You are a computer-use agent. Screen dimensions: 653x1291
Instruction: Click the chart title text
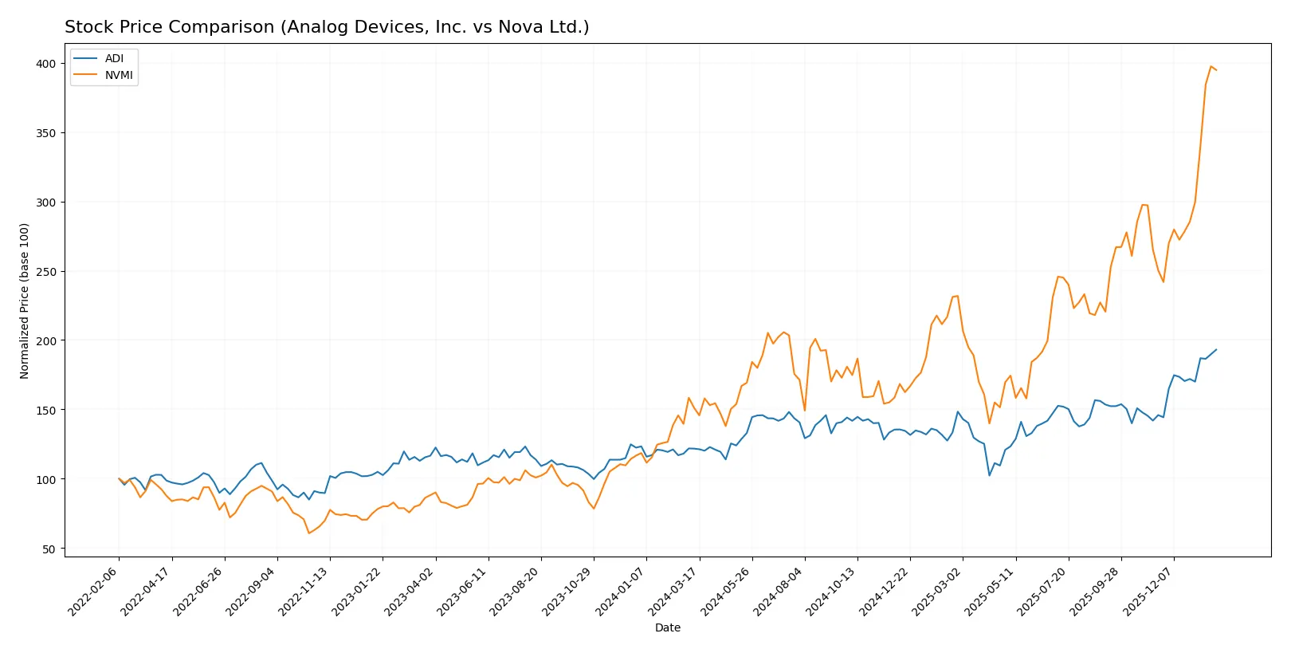coord(327,27)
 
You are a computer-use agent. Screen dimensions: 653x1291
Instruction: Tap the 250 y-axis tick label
coord(45,272)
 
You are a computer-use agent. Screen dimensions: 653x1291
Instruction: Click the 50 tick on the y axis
coord(49,549)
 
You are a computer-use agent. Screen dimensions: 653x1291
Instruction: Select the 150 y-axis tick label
coord(45,411)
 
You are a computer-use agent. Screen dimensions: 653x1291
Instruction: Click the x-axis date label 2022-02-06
coord(94,592)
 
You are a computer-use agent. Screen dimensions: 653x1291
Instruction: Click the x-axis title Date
coord(667,627)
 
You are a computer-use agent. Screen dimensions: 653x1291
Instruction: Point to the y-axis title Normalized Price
coord(25,301)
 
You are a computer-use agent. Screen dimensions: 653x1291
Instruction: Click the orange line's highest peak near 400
coord(1211,67)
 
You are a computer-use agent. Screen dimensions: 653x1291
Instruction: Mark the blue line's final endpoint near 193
coord(1216,349)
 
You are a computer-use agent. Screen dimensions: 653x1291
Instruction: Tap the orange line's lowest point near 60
coord(309,533)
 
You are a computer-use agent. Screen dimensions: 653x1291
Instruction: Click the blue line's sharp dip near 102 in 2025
coord(990,475)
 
